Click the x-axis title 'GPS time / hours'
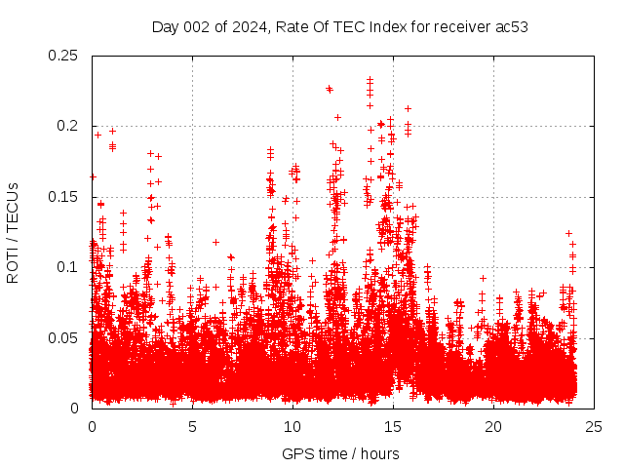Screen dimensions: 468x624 (340, 453)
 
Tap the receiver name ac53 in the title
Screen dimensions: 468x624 (511, 27)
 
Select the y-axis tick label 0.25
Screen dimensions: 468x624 (64, 56)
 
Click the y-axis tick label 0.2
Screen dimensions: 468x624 (68, 126)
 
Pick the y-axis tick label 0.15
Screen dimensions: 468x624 (64, 197)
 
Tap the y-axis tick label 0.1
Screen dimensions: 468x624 (68, 267)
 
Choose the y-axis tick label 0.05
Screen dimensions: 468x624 (64, 337)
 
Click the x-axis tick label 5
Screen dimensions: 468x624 (192, 426)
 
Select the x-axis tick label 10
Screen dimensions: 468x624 (292, 426)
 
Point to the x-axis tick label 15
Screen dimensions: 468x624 (393, 426)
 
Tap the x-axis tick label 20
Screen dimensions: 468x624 (493, 426)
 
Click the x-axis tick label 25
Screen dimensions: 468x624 (594, 426)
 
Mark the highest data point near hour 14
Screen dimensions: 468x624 (370, 80)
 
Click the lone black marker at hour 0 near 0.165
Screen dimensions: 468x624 (93, 176)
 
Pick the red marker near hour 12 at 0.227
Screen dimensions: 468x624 (330, 89)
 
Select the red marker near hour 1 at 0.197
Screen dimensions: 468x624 (112, 131)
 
